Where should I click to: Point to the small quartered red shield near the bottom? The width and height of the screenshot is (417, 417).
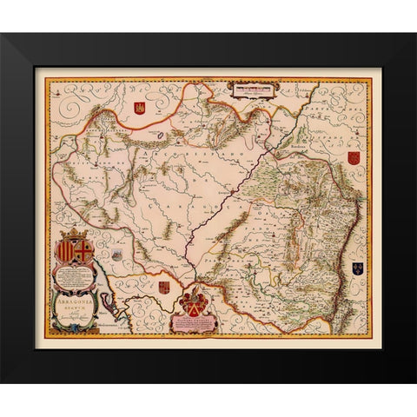(164, 286)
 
